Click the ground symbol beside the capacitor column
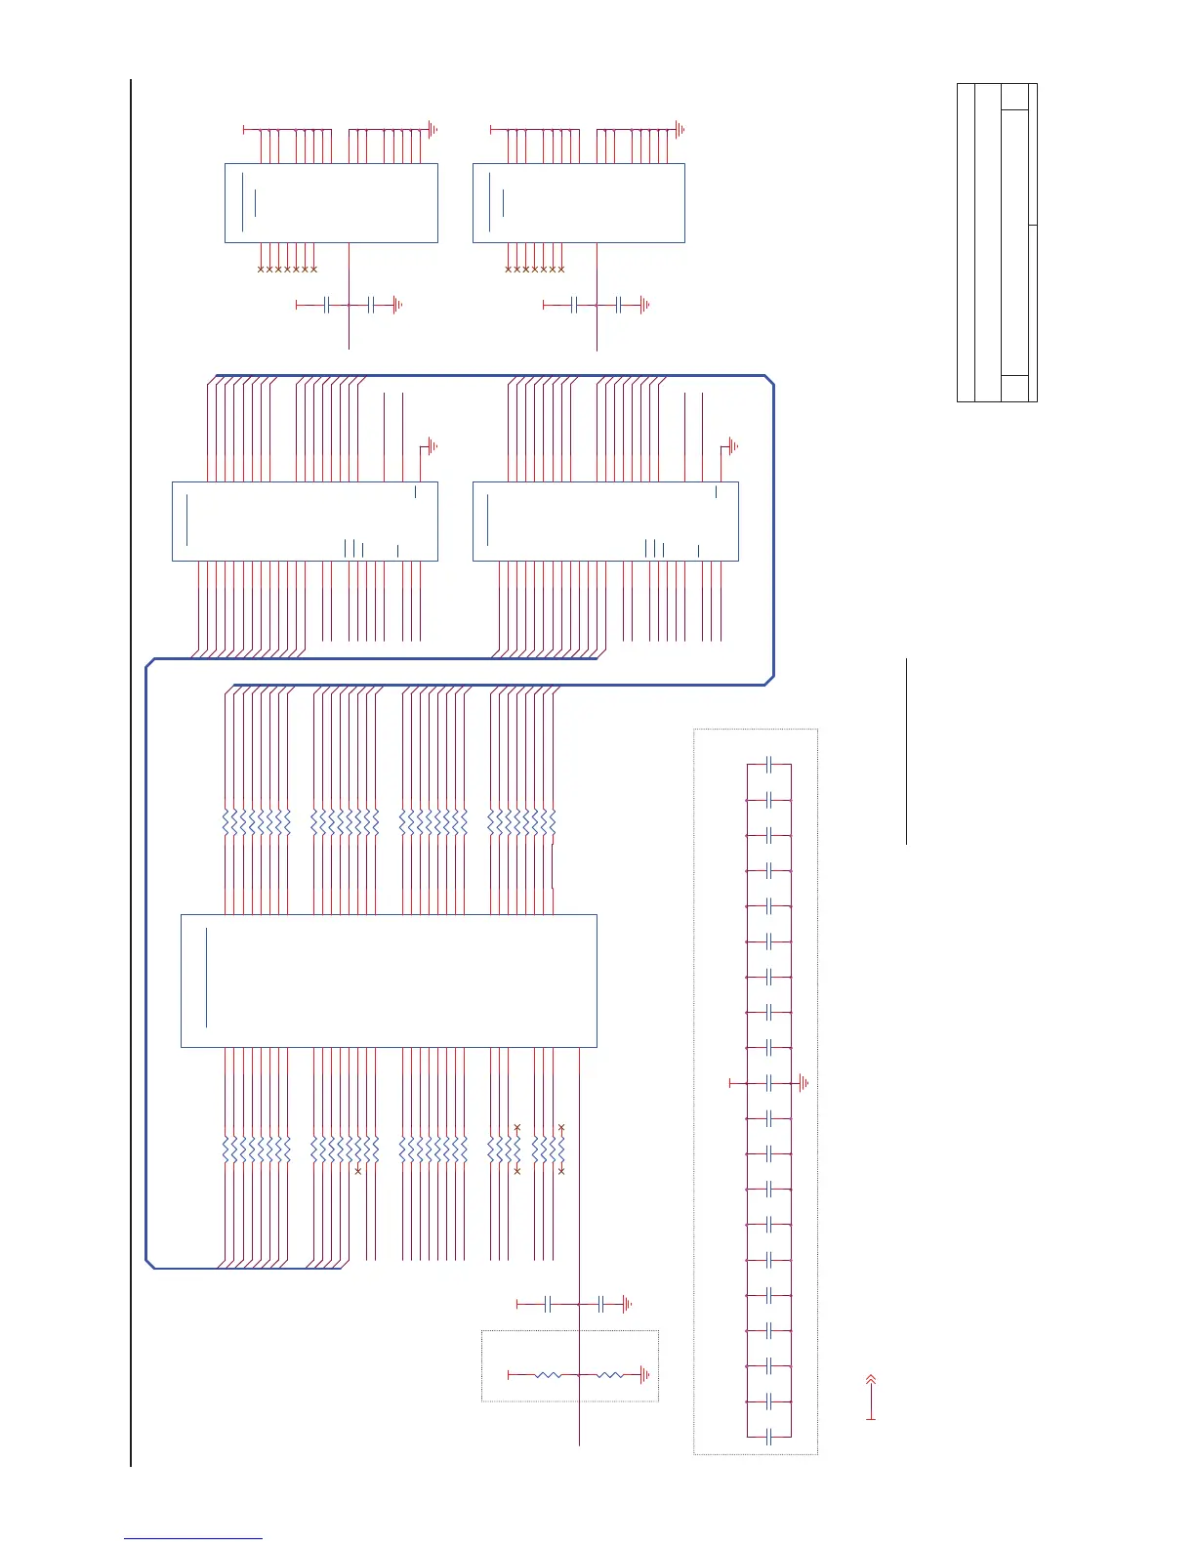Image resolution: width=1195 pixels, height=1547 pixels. click(x=803, y=1083)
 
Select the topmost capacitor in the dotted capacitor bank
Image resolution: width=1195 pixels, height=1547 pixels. click(x=769, y=765)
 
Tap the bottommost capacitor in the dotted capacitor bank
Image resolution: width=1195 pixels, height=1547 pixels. click(x=769, y=1437)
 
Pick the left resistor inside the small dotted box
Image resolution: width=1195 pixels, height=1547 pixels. click(x=548, y=1375)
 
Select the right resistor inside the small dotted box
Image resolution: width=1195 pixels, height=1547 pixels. click(x=609, y=1375)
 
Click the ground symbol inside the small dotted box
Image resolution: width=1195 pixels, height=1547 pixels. click(x=645, y=1375)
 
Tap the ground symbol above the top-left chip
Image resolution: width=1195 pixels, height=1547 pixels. click(x=433, y=129)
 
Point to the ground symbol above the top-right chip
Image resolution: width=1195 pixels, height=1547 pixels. click(x=680, y=129)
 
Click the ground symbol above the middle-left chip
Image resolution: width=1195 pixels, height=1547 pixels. click(x=433, y=446)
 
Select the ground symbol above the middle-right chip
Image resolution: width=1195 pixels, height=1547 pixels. click(x=733, y=446)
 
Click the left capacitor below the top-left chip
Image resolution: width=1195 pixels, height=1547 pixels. click(x=327, y=306)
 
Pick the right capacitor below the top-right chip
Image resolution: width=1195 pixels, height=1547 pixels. click(x=618, y=306)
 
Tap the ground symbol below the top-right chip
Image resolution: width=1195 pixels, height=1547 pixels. click(x=645, y=306)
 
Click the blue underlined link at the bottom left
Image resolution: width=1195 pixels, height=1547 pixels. click(x=193, y=1539)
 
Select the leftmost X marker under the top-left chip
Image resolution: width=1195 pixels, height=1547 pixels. click(x=261, y=269)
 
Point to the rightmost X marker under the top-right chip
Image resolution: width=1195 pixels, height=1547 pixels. click(x=561, y=269)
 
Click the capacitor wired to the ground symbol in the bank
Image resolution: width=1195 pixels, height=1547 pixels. click(x=769, y=1083)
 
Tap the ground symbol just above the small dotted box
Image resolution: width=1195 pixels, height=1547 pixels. click(x=628, y=1304)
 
